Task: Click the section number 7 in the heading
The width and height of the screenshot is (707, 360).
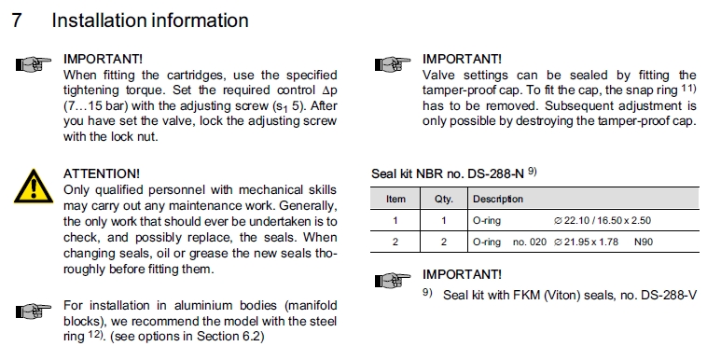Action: (17, 21)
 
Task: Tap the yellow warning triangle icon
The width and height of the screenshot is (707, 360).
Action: (34, 187)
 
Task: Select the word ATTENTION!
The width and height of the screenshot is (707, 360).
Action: (102, 173)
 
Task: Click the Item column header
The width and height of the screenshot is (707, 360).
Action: (395, 199)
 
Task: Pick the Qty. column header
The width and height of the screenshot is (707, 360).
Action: (444, 199)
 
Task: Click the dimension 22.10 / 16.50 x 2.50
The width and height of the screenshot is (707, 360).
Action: (603, 221)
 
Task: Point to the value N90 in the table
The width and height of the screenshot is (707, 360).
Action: (644, 242)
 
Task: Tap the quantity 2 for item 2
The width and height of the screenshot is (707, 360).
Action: (444, 242)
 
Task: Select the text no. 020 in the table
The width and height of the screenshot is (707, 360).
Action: (530, 242)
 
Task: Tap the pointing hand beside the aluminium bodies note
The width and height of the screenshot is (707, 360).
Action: (34, 311)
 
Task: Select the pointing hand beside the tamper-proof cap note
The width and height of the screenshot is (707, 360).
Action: (393, 64)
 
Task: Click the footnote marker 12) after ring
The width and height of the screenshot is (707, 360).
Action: (95, 335)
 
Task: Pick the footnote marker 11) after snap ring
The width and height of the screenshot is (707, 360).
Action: (689, 88)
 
